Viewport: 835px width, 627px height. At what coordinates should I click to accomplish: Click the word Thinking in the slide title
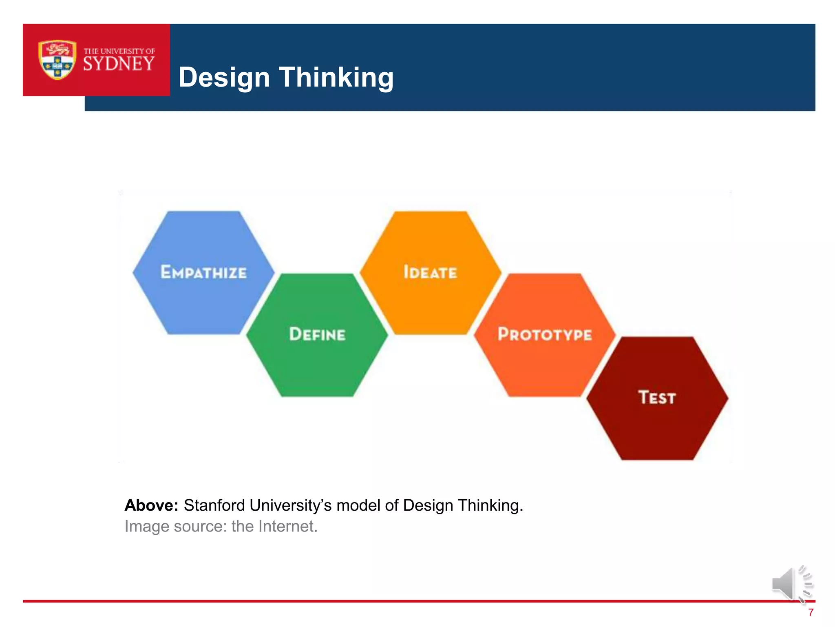336,77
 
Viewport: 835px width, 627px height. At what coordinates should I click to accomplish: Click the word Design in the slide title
224,77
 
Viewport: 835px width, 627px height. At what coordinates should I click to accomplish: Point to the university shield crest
57,60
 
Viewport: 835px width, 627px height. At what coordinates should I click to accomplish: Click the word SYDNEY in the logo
119,64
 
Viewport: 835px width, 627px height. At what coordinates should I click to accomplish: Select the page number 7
811,612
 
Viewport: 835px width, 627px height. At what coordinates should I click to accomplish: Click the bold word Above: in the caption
151,505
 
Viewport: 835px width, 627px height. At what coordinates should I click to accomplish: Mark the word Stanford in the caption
214,505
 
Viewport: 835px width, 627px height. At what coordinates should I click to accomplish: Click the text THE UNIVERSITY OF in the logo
119,51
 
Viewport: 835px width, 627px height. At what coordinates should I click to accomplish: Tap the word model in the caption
359,505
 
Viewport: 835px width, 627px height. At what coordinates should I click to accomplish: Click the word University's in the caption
291,505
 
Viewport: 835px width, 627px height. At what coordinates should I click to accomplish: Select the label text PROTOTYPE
544,334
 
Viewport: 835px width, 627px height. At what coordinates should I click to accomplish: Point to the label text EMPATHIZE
203,272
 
